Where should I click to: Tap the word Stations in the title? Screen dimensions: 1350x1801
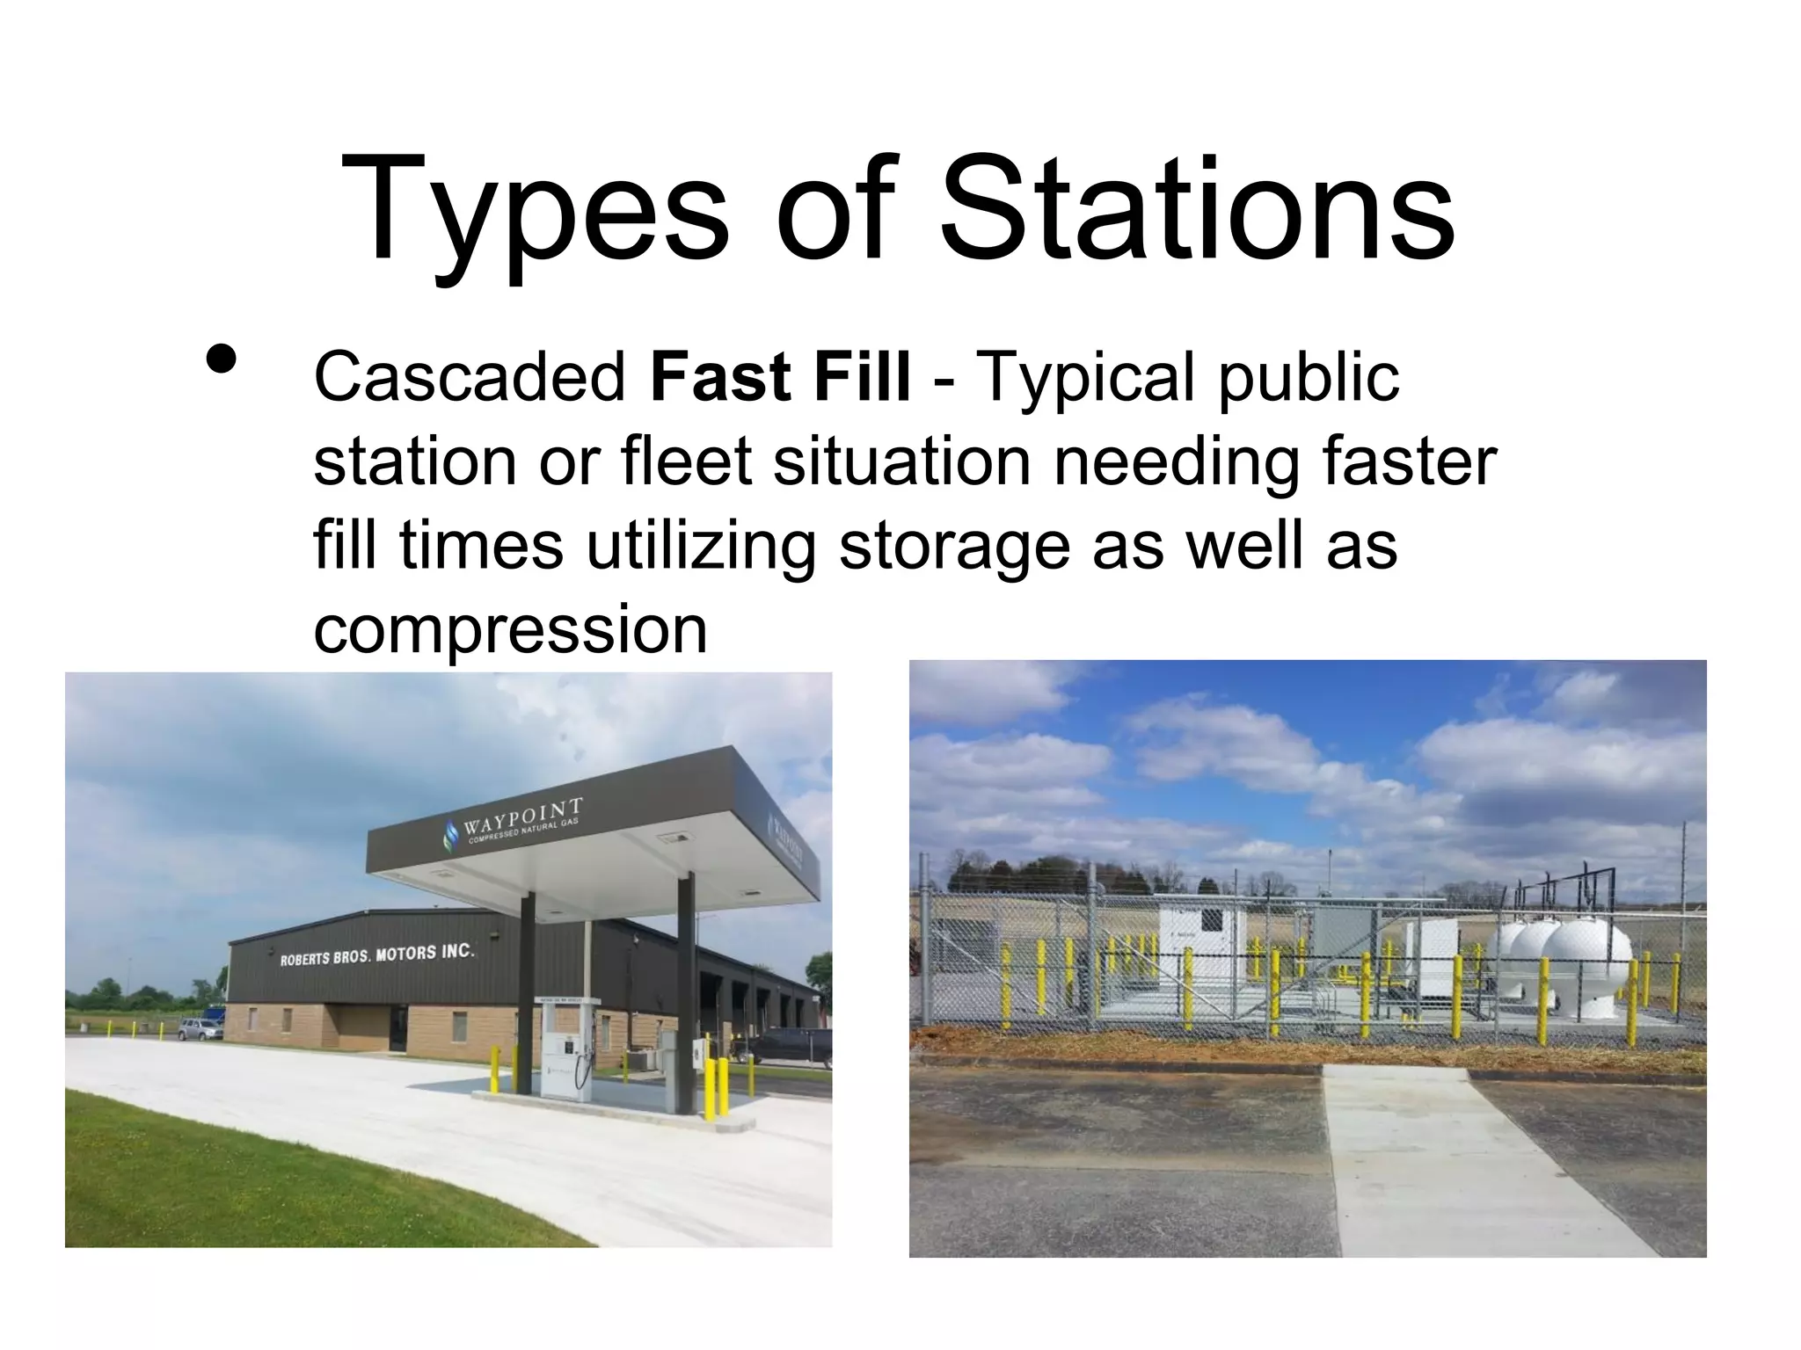coord(1197,211)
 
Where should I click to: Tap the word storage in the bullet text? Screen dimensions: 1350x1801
coord(954,547)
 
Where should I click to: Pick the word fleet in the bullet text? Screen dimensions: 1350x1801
coord(686,462)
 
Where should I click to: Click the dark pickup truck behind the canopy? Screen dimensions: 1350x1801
coord(782,1047)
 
